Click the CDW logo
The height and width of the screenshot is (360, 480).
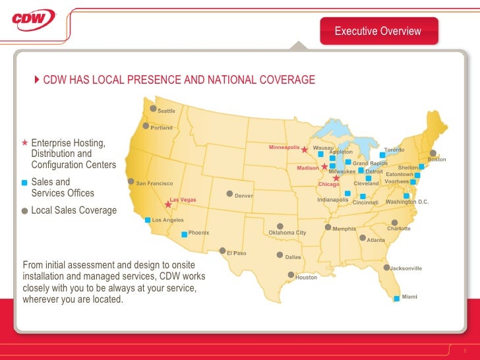(33, 19)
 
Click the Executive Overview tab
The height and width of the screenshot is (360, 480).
(378, 31)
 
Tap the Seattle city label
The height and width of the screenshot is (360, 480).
(166, 111)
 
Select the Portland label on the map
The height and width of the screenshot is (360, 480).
(162, 127)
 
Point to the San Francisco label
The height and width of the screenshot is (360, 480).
(154, 183)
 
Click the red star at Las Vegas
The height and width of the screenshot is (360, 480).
(167, 205)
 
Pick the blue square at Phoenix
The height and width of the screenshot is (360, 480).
(184, 233)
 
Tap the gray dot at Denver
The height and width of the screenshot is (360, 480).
(229, 194)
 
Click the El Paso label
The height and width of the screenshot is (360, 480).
(236, 253)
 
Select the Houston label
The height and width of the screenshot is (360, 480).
(306, 278)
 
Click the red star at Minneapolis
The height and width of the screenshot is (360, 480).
(304, 150)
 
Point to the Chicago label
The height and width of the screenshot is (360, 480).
(328, 184)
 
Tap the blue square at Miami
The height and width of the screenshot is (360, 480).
(396, 299)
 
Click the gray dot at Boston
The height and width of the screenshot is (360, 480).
(433, 152)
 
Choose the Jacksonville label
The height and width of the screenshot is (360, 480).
(406, 268)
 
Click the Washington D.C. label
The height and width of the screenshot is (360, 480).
(407, 201)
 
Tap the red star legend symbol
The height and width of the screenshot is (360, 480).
(24, 142)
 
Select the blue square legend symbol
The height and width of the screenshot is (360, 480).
(24, 182)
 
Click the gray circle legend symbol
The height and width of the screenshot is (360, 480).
(24, 211)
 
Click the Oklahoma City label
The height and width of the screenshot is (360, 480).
(287, 233)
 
